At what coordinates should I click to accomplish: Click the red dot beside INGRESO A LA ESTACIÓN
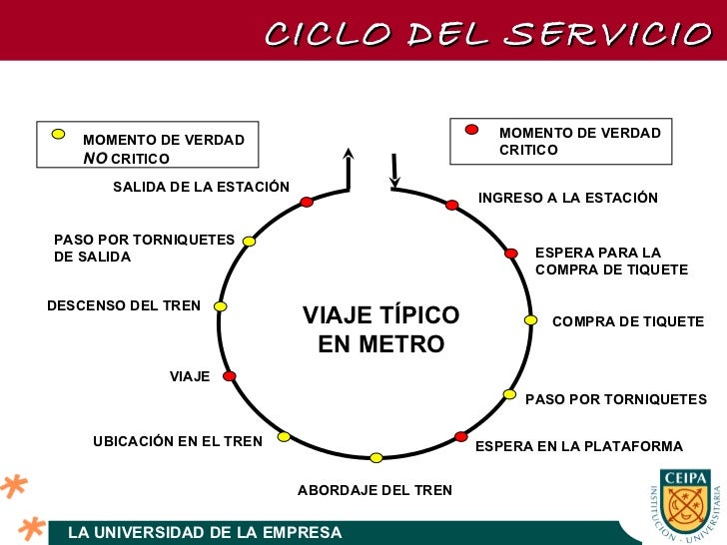(451, 205)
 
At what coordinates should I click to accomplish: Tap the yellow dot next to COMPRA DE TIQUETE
(531, 320)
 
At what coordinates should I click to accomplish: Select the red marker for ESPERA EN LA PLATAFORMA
(460, 436)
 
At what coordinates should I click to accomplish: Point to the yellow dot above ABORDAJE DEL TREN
(376, 458)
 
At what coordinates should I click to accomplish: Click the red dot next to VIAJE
(229, 376)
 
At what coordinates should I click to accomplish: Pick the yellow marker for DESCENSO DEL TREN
(221, 306)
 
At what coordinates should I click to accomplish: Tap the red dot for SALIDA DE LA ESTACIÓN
(307, 202)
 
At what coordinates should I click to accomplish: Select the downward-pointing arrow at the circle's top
(394, 171)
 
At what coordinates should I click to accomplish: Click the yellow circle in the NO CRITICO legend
(59, 133)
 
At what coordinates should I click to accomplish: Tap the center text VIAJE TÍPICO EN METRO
(380, 329)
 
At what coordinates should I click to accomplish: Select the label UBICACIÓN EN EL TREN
(178, 441)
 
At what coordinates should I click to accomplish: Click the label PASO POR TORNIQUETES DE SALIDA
(144, 248)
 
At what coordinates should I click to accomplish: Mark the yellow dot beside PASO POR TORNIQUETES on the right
(509, 394)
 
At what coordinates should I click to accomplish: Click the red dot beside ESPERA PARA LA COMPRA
(510, 254)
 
